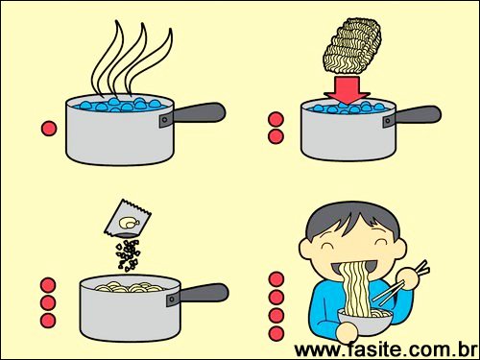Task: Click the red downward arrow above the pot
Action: [347, 89]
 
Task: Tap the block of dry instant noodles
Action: [352, 45]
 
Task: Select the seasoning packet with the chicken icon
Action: [128, 219]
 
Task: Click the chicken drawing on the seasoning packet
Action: [129, 223]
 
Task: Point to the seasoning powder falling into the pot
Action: [129, 255]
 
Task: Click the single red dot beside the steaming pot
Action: [49, 129]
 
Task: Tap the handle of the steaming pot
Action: [199, 112]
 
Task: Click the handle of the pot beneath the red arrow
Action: [418, 115]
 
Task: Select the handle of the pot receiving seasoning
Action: [204, 293]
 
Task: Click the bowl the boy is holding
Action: [366, 321]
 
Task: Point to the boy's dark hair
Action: [353, 219]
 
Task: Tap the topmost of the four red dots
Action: [276, 279]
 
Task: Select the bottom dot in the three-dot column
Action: [48, 321]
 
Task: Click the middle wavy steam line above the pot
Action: [128, 58]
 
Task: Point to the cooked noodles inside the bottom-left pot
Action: [130, 287]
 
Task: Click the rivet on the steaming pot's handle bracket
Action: [164, 120]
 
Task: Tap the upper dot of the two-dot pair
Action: [276, 120]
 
